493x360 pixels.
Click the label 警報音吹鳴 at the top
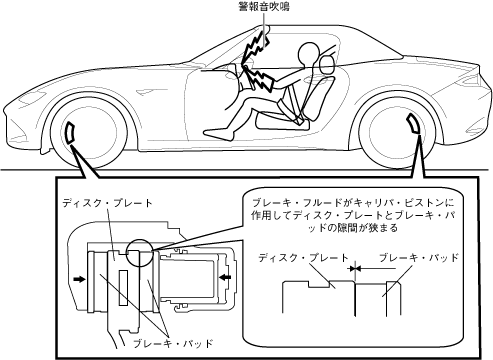[264, 7]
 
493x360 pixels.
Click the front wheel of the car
[88, 131]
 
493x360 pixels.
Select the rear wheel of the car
[397, 132]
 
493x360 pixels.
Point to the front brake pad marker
[70, 133]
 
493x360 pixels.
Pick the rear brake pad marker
[414, 124]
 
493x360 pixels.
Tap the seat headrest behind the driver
[327, 64]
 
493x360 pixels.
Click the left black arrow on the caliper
[79, 279]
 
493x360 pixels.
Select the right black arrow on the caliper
[225, 276]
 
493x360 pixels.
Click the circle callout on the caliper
[140, 253]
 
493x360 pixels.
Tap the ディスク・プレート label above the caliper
[107, 203]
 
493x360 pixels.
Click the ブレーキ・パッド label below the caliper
[173, 344]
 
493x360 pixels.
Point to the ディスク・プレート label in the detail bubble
[303, 258]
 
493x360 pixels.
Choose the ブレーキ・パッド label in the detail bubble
[419, 257]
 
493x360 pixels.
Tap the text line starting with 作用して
[353, 216]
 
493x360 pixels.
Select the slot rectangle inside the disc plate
[123, 287]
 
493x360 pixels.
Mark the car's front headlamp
[32, 98]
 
